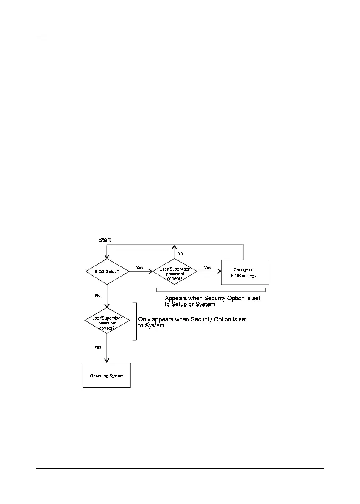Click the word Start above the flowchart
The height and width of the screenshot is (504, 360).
coord(105,240)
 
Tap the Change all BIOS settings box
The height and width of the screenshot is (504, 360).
coord(245,272)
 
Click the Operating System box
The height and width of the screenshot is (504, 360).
coord(106,375)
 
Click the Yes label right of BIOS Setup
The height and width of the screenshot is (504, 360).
coord(139,268)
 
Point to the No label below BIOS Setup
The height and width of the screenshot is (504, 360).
coord(98,296)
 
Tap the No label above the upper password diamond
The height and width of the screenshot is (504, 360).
coord(180,253)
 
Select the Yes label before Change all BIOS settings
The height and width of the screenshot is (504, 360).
coord(207,268)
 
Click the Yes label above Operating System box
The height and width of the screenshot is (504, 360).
coord(98,347)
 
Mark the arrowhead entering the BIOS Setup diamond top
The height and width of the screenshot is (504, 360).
coord(107,257)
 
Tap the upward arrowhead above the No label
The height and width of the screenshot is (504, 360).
coord(174,247)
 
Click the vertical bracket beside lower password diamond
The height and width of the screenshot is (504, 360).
coord(136,321)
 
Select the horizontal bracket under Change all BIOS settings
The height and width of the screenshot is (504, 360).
coord(210,291)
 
